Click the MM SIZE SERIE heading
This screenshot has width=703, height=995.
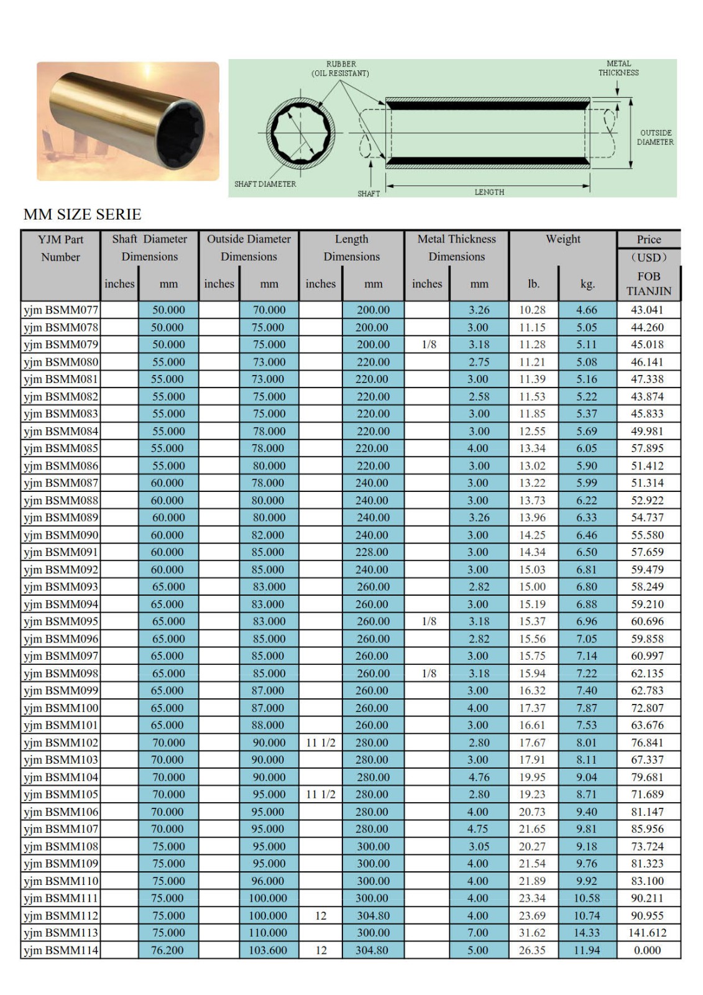(83, 215)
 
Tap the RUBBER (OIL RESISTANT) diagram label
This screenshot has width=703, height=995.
(341, 68)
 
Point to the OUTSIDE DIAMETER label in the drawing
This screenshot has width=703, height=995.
(655, 137)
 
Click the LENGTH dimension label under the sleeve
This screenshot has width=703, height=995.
(489, 192)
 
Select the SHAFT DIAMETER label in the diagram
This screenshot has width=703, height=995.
(265, 184)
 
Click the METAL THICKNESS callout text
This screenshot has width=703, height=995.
(618, 68)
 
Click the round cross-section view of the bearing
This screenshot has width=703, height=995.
(301, 132)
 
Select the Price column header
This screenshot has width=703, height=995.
(648, 239)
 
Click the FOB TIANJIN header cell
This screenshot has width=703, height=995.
(648, 284)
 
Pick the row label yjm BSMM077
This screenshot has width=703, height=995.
(61, 310)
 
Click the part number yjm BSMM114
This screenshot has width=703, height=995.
(61, 950)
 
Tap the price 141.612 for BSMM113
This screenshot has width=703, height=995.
(647, 933)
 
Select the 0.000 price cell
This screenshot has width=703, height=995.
(647, 950)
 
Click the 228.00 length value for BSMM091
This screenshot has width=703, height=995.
(372, 552)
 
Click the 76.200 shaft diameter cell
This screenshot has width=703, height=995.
(168, 950)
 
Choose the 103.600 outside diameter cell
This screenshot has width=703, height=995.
(268, 950)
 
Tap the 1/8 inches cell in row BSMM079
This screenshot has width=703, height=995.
(429, 345)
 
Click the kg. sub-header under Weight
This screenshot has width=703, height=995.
(587, 284)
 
